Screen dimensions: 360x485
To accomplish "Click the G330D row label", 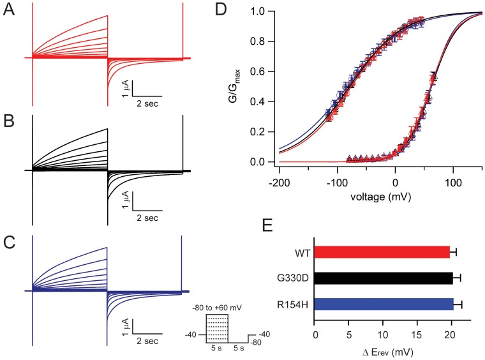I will pyautogui.click(x=295, y=278).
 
